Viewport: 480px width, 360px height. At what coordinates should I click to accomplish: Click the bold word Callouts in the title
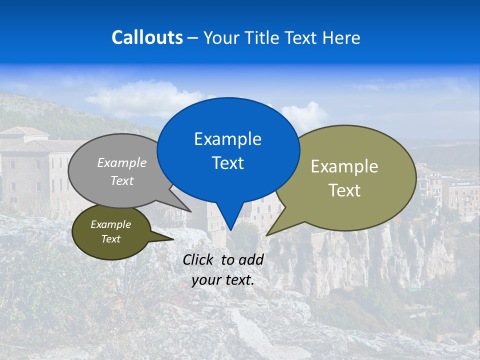[x=147, y=37]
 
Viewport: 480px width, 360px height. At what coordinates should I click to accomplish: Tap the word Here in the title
[x=341, y=37]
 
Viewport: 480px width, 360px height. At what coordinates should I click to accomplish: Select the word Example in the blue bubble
[x=227, y=139]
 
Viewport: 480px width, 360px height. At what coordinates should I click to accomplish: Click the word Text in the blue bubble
[x=227, y=163]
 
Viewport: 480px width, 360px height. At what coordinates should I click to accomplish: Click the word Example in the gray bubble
[x=122, y=162]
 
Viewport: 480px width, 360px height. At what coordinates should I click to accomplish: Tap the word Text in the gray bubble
[x=122, y=180]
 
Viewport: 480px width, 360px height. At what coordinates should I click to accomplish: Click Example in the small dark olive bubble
[x=111, y=224]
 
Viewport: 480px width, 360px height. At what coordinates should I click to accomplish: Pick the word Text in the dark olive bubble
[x=111, y=239]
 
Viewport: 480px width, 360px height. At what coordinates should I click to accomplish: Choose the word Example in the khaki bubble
[x=344, y=166]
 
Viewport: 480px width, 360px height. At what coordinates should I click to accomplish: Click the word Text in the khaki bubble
[x=344, y=190]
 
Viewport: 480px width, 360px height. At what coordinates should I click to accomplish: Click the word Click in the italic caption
[x=199, y=259]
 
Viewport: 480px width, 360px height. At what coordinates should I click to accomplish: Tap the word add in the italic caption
[x=250, y=259]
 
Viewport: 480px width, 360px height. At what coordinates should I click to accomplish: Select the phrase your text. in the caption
[x=222, y=280]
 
